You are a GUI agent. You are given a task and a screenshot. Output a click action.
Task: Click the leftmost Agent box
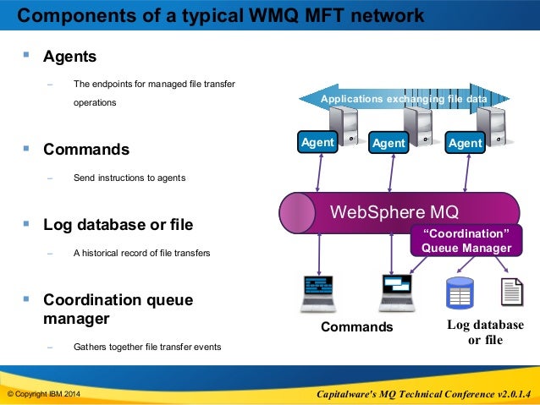317,142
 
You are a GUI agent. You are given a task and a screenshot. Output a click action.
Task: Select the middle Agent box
388,142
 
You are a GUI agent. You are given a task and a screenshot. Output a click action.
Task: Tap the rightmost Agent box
465,142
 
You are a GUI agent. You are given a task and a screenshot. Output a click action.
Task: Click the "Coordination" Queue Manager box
466,240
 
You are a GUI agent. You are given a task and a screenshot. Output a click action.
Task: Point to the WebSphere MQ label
394,211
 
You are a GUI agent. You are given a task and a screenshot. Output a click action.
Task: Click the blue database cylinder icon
460,293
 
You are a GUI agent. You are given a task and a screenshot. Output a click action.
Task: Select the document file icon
512,293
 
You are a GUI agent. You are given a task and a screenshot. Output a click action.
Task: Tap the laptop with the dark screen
318,294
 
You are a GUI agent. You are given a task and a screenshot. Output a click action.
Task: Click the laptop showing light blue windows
397,293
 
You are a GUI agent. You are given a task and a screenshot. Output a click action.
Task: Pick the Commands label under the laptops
357,326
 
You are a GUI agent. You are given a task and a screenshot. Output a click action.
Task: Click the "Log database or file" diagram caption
485,332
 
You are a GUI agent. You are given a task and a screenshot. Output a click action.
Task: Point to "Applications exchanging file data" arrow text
404,99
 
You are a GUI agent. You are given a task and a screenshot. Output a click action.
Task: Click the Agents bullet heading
69,57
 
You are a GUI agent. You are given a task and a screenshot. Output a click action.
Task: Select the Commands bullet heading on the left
86,150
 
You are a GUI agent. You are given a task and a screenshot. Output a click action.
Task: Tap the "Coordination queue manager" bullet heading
118,309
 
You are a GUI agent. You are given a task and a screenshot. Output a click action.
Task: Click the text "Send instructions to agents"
129,178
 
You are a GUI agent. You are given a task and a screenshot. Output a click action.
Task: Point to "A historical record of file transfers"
141,253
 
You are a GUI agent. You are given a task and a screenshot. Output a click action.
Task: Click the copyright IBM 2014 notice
44,394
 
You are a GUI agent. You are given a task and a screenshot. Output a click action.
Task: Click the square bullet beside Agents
26,54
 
